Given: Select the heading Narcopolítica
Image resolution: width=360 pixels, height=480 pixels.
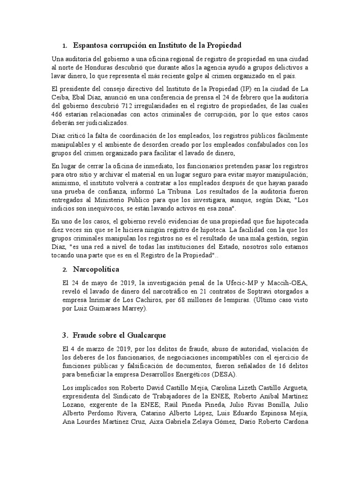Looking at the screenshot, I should [x=96, y=270].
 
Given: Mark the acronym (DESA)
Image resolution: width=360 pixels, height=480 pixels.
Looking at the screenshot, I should [x=225, y=375].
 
